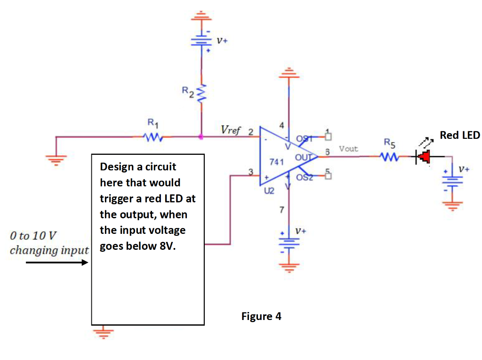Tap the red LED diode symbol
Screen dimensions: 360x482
tap(424, 157)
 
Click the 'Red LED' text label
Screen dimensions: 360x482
tap(459, 136)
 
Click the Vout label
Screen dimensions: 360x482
tap(348, 149)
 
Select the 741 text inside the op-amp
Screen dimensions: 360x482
tap(275, 162)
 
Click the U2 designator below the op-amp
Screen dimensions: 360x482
tap(269, 192)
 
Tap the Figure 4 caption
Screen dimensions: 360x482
tap(261, 316)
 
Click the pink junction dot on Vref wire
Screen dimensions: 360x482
tap(201, 137)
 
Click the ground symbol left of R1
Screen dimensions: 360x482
tap(56, 158)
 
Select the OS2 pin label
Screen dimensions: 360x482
tap(305, 177)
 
